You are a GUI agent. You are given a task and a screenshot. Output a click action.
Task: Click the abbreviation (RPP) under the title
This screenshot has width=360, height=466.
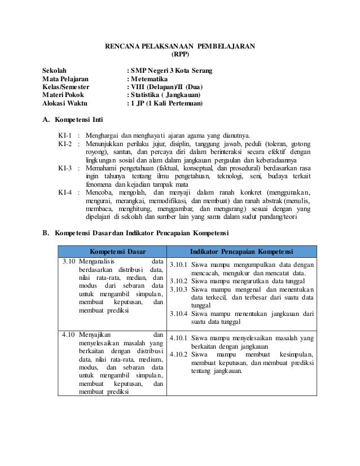tap(180, 55)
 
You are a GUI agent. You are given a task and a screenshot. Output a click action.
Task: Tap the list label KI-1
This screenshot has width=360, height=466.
tap(65, 136)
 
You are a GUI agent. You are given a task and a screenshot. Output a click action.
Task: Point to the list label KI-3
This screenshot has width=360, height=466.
tap(65, 168)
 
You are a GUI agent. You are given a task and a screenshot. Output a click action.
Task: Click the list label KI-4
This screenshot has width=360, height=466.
tap(65, 192)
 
